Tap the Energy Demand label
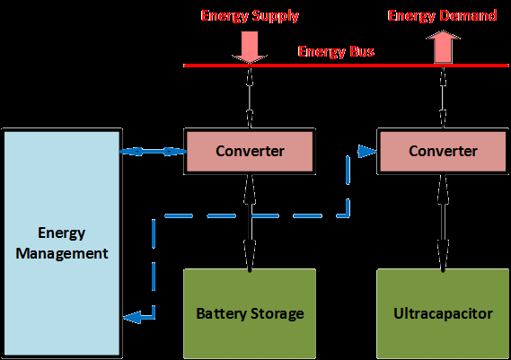tap(441, 16)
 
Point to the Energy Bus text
tap(336, 52)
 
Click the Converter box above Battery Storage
tap(250, 151)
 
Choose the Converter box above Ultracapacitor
tap(443, 151)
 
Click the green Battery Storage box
tap(250, 313)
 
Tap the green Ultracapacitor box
tap(443, 313)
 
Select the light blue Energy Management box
tap(62, 243)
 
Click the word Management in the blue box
tap(62, 253)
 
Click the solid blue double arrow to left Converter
tap(152, 151)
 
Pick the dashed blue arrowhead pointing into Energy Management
tap(131, 316)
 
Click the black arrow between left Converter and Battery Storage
tap(250, 220)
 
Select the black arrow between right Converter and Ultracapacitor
tap(443, 220)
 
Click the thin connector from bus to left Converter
tap(250, 97)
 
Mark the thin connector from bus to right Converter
tap(443, 97)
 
